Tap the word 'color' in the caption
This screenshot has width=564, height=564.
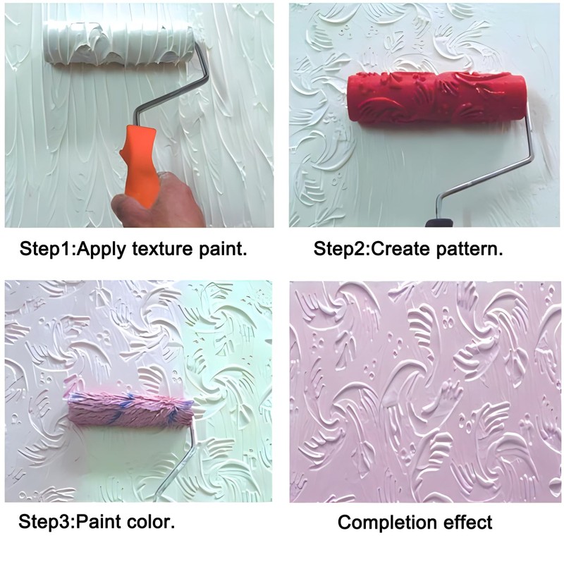(151, 522)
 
